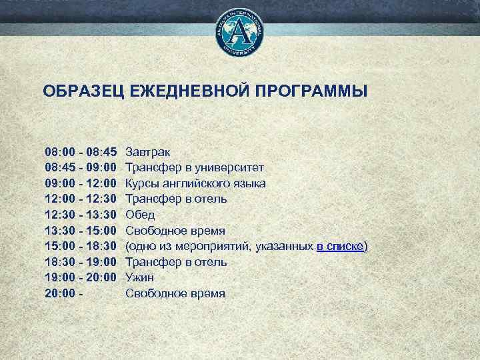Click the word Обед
click(x=140, y=215)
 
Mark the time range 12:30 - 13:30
click(x=81, y=215)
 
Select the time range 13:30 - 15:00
click(x=81, y=231)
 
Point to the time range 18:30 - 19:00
click(x=81, y=262)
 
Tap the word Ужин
click(x=140, y=277)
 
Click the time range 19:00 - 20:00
click(x=81, y=277)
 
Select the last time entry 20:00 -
click(x=64, y=293)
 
